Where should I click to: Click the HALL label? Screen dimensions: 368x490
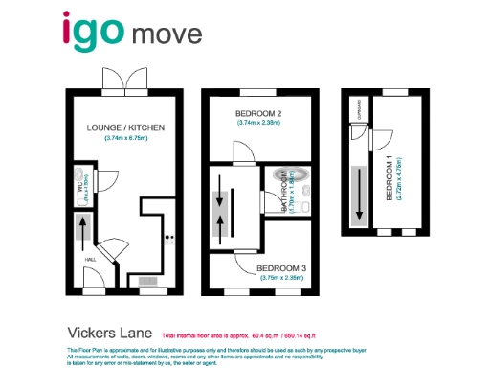(89, 259)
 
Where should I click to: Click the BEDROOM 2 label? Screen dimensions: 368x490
(259, 112)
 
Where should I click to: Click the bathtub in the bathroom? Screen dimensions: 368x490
(285, 177)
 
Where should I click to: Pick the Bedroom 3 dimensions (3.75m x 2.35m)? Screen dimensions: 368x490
(281, 278)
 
